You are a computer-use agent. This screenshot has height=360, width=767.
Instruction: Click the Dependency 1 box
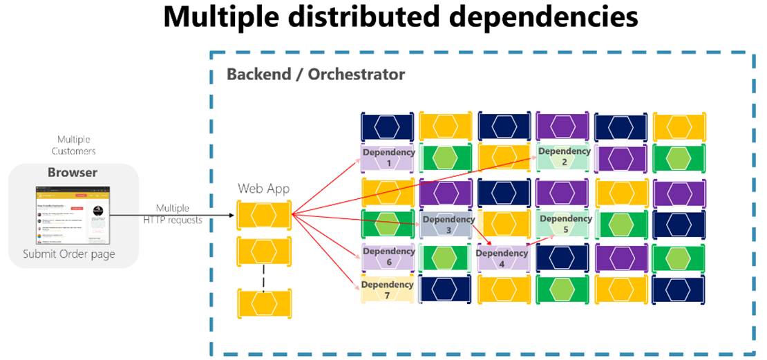388,158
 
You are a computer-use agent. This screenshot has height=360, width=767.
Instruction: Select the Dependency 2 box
564,157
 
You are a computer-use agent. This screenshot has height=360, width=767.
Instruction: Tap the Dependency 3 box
448,225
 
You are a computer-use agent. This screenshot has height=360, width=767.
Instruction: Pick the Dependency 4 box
502,258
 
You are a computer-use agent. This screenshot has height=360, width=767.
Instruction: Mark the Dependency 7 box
388,290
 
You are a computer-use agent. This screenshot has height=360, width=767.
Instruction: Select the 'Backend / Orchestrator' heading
316,74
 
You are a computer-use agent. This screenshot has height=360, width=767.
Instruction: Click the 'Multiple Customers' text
73,145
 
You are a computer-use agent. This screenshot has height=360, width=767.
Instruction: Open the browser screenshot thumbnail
73,214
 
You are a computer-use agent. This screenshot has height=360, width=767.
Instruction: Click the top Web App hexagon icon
263,214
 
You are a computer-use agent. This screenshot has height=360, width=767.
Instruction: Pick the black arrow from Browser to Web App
173,215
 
